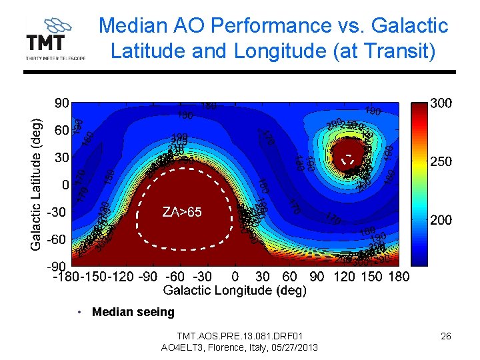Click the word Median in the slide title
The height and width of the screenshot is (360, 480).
coord(131,26)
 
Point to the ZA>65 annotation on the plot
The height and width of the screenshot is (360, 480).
coord(181,212)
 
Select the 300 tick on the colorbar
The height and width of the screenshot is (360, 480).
coord(441,103)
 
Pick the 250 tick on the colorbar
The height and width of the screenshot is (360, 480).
coord(441,161)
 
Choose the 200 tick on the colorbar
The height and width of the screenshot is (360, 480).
coord(441,220)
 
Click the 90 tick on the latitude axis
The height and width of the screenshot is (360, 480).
coord(61,103)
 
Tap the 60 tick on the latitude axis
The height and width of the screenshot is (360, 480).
coord(61,131)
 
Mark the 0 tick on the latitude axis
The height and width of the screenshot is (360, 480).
coord(65,184)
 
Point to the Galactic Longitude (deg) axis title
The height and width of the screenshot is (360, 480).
coord(235,290)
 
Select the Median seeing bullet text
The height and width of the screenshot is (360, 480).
coord(133,312)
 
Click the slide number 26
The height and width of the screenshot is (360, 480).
coord(445,336)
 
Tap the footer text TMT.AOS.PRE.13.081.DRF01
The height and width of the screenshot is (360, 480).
coord(239,336)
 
